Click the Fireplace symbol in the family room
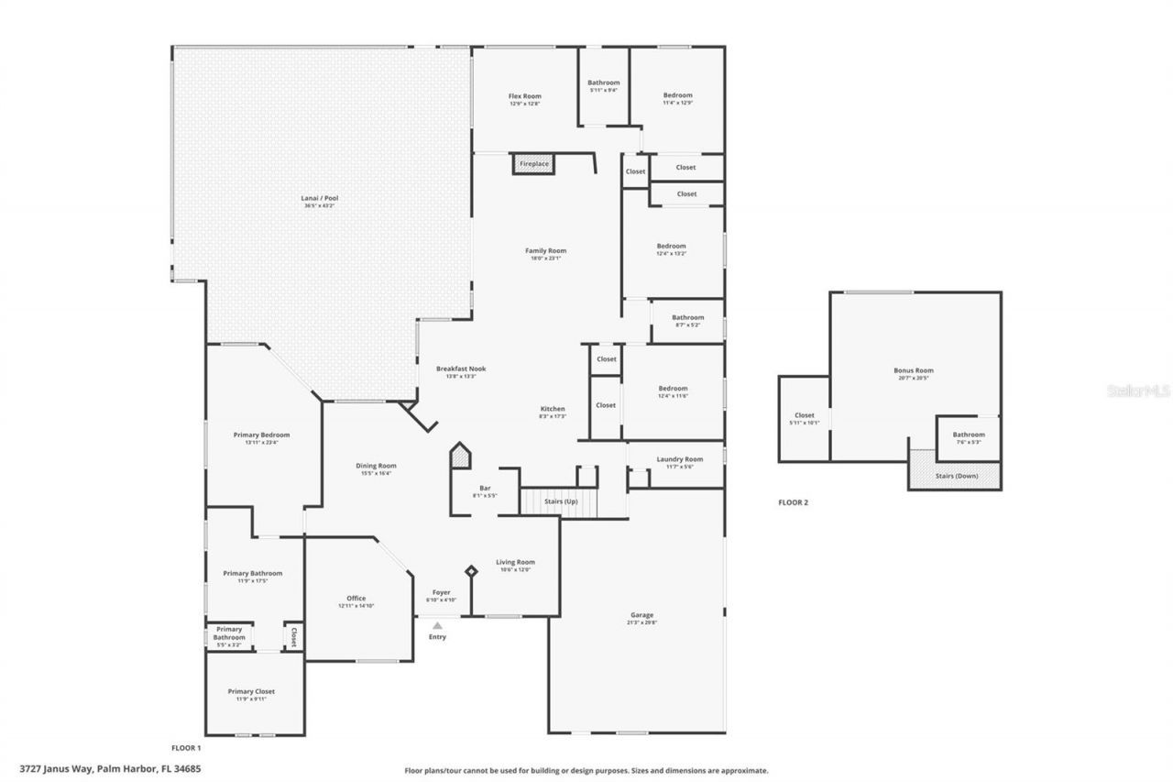[x=533, y=164]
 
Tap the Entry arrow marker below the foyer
[x=437, y=625]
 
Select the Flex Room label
[x=525, y=96]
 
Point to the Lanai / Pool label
[x=320, y=198]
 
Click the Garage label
[x=641, y=615]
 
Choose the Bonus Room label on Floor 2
[x=914, y=370]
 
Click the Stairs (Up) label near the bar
[x=561, y=502]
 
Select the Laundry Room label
[x=679, y=459]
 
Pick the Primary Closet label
[x=251, y=691]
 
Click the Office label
[x=356, y=599]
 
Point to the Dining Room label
[x=376, y=466]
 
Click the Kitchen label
[x=552, y=409]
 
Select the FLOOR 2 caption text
[x=793, y=502]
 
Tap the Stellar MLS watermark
[x=1139, y=391]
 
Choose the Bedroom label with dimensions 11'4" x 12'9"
[x=677, y=95]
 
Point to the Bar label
[x=485, y=488]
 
